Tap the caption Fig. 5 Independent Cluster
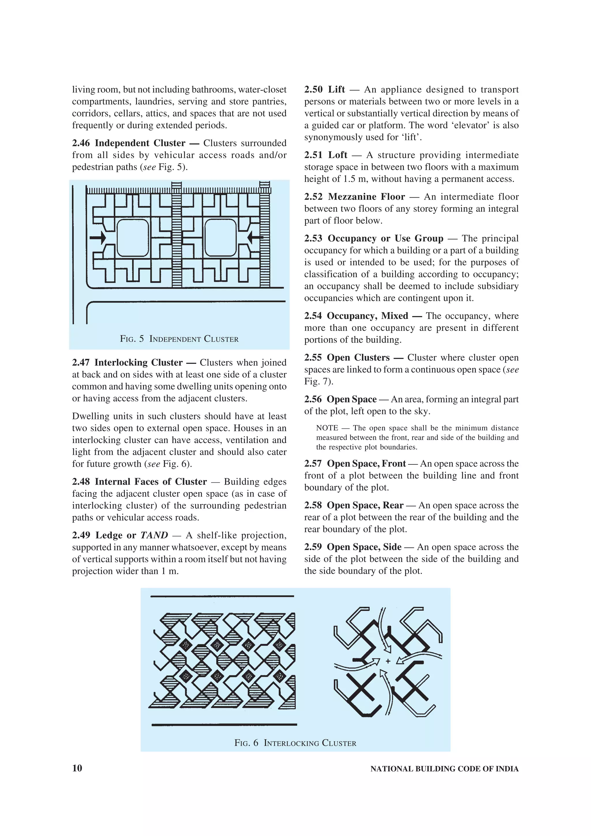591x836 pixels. click(179, 339)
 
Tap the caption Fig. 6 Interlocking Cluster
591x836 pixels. click(295, 743)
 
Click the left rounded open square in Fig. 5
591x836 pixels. click(132, 238)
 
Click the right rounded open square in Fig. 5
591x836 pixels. click(221, 238)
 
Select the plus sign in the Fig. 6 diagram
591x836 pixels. click(388, 661)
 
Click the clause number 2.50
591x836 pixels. click(313, 89)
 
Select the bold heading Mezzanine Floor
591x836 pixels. click(366, 197)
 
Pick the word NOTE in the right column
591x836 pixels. click(327, 428)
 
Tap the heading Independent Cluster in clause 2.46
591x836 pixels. click(140, 143)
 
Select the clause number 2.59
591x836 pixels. click(313, 547)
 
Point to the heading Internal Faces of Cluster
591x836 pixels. click(151, 482)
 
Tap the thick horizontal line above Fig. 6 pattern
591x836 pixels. click(222, 596)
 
